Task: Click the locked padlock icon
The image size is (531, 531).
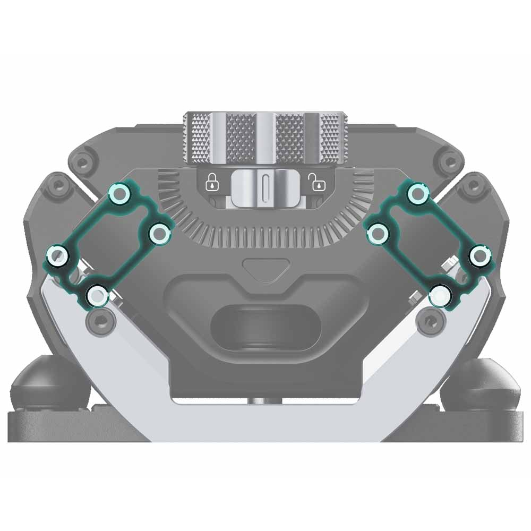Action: coord(213,182)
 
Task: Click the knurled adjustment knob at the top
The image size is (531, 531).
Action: coord(265,138)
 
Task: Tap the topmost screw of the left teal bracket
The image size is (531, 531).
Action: coord(119,194)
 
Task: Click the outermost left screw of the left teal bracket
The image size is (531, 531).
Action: coord(57,257)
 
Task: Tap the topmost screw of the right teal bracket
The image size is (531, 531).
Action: coord(417,193)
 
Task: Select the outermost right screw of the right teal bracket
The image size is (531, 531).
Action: coord(480,256)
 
